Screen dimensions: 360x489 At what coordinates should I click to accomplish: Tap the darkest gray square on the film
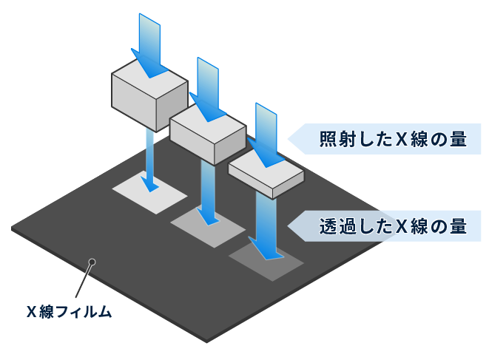point(267,259)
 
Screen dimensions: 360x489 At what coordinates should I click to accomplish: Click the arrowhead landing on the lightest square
point(149,184)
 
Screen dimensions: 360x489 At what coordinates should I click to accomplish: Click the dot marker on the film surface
point(92,260)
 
